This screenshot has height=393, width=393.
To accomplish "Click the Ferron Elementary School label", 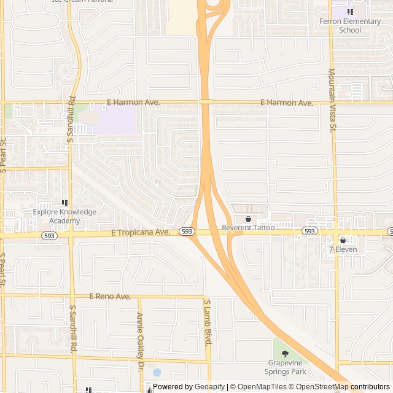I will tap(350, 26).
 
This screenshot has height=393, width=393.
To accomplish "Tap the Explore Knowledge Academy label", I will tap(64, 216).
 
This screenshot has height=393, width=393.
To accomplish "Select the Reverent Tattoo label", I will tap(248, 228).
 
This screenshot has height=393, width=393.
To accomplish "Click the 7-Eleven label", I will tap(343, 249).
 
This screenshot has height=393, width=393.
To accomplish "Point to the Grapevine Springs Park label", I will tap(285, 367).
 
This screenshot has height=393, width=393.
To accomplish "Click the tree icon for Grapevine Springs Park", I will tap(285, 354).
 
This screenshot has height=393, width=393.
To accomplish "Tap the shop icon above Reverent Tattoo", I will tap(248, 219).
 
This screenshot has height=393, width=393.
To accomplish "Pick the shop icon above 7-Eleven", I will tap(343, 240).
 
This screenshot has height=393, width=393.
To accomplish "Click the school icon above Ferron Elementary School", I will tap(350, 12).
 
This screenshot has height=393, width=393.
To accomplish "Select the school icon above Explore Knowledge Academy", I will tap(64, 203).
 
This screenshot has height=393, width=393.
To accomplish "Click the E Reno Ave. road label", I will tap(110, 297).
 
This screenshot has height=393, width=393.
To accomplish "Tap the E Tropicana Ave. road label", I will tap(141, 232).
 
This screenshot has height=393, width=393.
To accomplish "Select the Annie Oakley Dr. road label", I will tap(140, 333).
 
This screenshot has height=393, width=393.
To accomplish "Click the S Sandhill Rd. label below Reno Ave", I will tap(72, 329).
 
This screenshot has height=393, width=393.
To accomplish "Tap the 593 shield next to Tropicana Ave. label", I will tap(187, 232).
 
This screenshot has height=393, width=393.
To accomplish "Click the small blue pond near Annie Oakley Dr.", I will tap(157, 372).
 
